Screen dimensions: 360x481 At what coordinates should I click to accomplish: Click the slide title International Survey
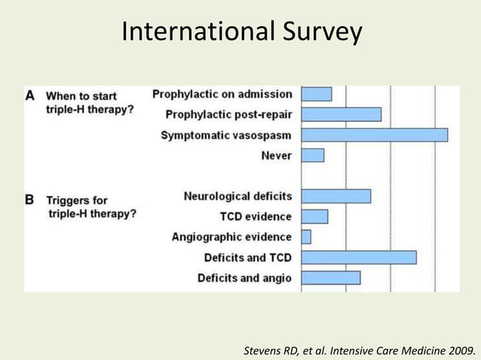coord(241,32)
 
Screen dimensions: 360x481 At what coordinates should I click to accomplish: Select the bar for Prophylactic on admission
coord(317,94)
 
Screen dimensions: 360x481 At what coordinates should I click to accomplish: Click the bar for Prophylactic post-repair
coord(341,114)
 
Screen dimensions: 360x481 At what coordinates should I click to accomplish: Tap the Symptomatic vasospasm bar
coord(374,135)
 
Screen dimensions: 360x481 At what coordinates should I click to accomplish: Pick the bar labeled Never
coord(313,155)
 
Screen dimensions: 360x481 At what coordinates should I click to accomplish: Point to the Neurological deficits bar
coord(336,197)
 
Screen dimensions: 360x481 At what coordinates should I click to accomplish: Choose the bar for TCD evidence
coord(314,217)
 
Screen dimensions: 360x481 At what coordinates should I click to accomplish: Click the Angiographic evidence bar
coord(306,237)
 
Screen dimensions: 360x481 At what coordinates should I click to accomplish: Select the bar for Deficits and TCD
coord(359,258)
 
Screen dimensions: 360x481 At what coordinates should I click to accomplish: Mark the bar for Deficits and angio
coord(331,278)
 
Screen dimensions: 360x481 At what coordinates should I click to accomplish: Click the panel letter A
coord(30,96)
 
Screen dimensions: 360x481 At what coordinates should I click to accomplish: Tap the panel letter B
coord(30,200)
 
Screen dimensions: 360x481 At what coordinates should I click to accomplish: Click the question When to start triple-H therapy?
coord(90,102)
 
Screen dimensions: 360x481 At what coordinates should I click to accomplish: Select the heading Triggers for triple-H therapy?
coord(91,207)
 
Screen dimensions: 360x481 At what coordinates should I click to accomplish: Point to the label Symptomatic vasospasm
coord(226,136)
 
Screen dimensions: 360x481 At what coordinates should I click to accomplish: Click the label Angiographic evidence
coord(231,237)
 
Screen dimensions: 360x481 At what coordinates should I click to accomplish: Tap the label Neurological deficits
coord(237,197)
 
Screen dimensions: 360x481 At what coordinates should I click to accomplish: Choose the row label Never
coord(276,156)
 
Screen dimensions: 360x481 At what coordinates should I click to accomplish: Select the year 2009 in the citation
coord(461,351)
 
